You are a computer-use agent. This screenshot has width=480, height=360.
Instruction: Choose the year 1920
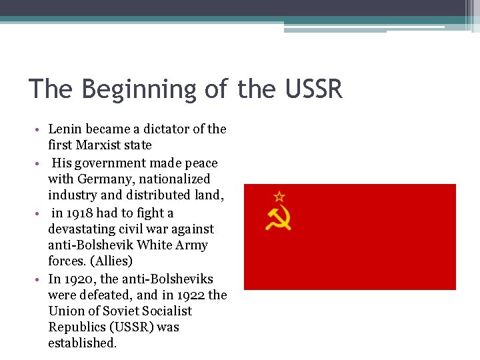coord(79,278)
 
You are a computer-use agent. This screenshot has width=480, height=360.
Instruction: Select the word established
coord(83,343)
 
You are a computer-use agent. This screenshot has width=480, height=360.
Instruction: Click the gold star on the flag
coord(279,197)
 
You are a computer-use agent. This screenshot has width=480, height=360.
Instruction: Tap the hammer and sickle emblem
coord(278,217)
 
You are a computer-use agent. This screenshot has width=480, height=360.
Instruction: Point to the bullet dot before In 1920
coord(40,279)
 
